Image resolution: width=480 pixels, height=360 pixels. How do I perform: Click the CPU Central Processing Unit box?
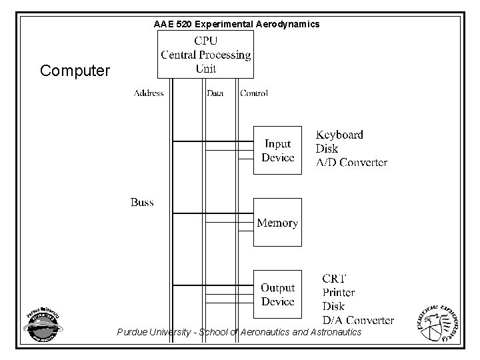tap(205, 54)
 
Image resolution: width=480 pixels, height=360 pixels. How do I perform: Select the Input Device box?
tap(277, 151)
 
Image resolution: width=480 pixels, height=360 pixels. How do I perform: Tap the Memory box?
tap(277, 223)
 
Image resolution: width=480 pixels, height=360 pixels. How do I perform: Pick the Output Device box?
tap(277, 295)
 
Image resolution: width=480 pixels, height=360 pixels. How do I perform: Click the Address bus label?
tap(148, 93)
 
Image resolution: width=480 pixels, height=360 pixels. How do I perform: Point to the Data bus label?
tap(215, 93)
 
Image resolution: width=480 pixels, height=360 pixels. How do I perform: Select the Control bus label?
tap(254, 93)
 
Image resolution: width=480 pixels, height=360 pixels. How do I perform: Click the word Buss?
tap(142, 202)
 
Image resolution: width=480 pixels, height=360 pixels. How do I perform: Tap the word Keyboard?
tap(339, 135)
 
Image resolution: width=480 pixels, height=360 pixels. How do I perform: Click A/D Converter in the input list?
tap(351, 163)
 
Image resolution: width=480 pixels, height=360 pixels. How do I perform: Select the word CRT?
tap(334, 278)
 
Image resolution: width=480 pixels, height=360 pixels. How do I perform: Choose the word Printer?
tap(339, 292)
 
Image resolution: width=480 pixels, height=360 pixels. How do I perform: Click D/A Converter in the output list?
tap(358, 320)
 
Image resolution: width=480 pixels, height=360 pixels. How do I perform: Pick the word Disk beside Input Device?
tap(327, 149)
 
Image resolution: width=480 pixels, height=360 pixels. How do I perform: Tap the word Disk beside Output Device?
tap(333, 306)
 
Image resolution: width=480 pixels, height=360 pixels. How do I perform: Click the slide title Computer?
tap(75, 70)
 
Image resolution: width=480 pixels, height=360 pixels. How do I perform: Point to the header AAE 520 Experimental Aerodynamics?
tap(237, 24)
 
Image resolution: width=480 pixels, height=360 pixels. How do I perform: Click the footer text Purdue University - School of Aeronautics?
tap(239, 332)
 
